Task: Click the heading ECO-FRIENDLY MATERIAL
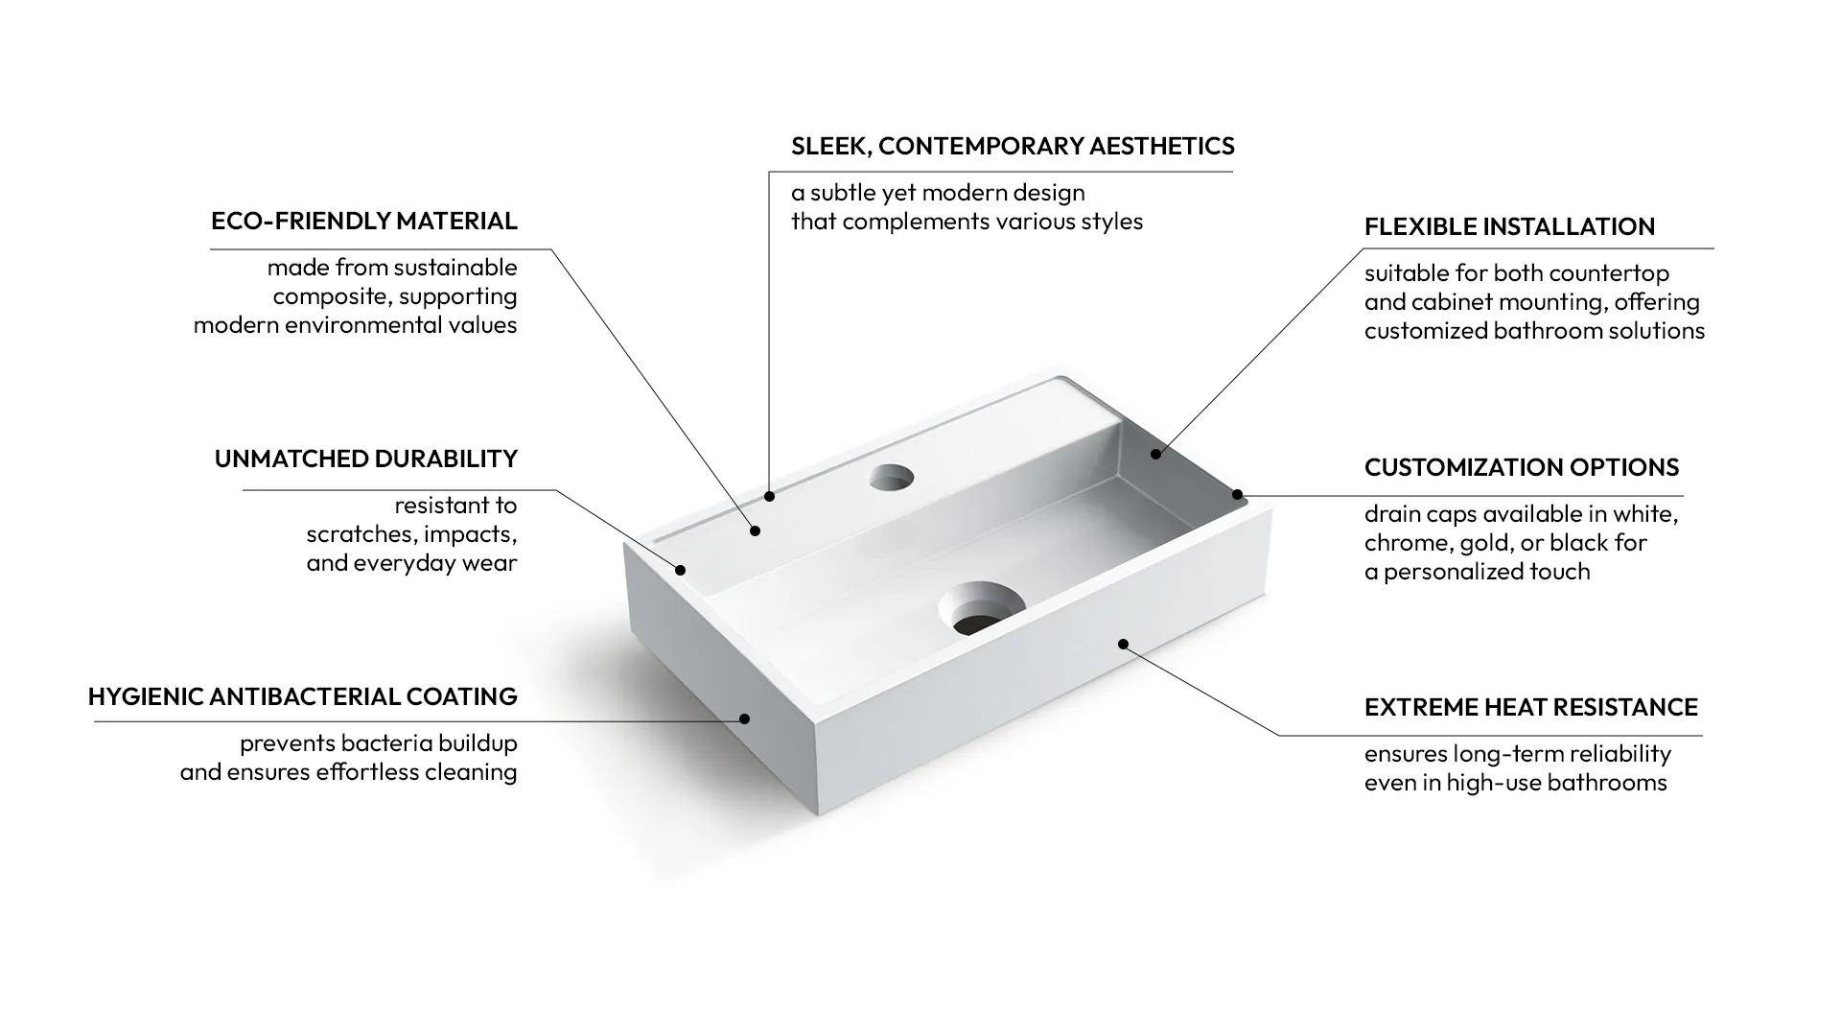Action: (x=364, y=221)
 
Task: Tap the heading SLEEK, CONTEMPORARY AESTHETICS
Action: (x=1013, y=146)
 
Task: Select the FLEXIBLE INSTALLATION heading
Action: (x=1509, y=226)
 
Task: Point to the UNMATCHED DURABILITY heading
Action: (x=366, y=459)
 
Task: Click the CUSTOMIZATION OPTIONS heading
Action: (x=1522, y=467)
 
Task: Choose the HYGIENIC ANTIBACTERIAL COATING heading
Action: (x=303, y=696)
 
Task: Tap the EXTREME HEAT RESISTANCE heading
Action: (x=1531, y=707)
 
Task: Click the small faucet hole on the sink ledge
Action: (x=892, y=477)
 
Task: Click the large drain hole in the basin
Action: (x=982, y=608)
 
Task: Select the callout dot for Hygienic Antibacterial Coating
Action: (x=744, y=718)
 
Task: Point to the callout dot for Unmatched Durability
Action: (x=680, y=570)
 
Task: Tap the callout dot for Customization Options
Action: (x=1237, y=495)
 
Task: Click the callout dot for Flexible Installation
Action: (x=1155, y=454)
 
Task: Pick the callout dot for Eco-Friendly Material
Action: (x=756, y=530)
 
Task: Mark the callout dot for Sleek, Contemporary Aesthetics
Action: (x=769, y=496)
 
